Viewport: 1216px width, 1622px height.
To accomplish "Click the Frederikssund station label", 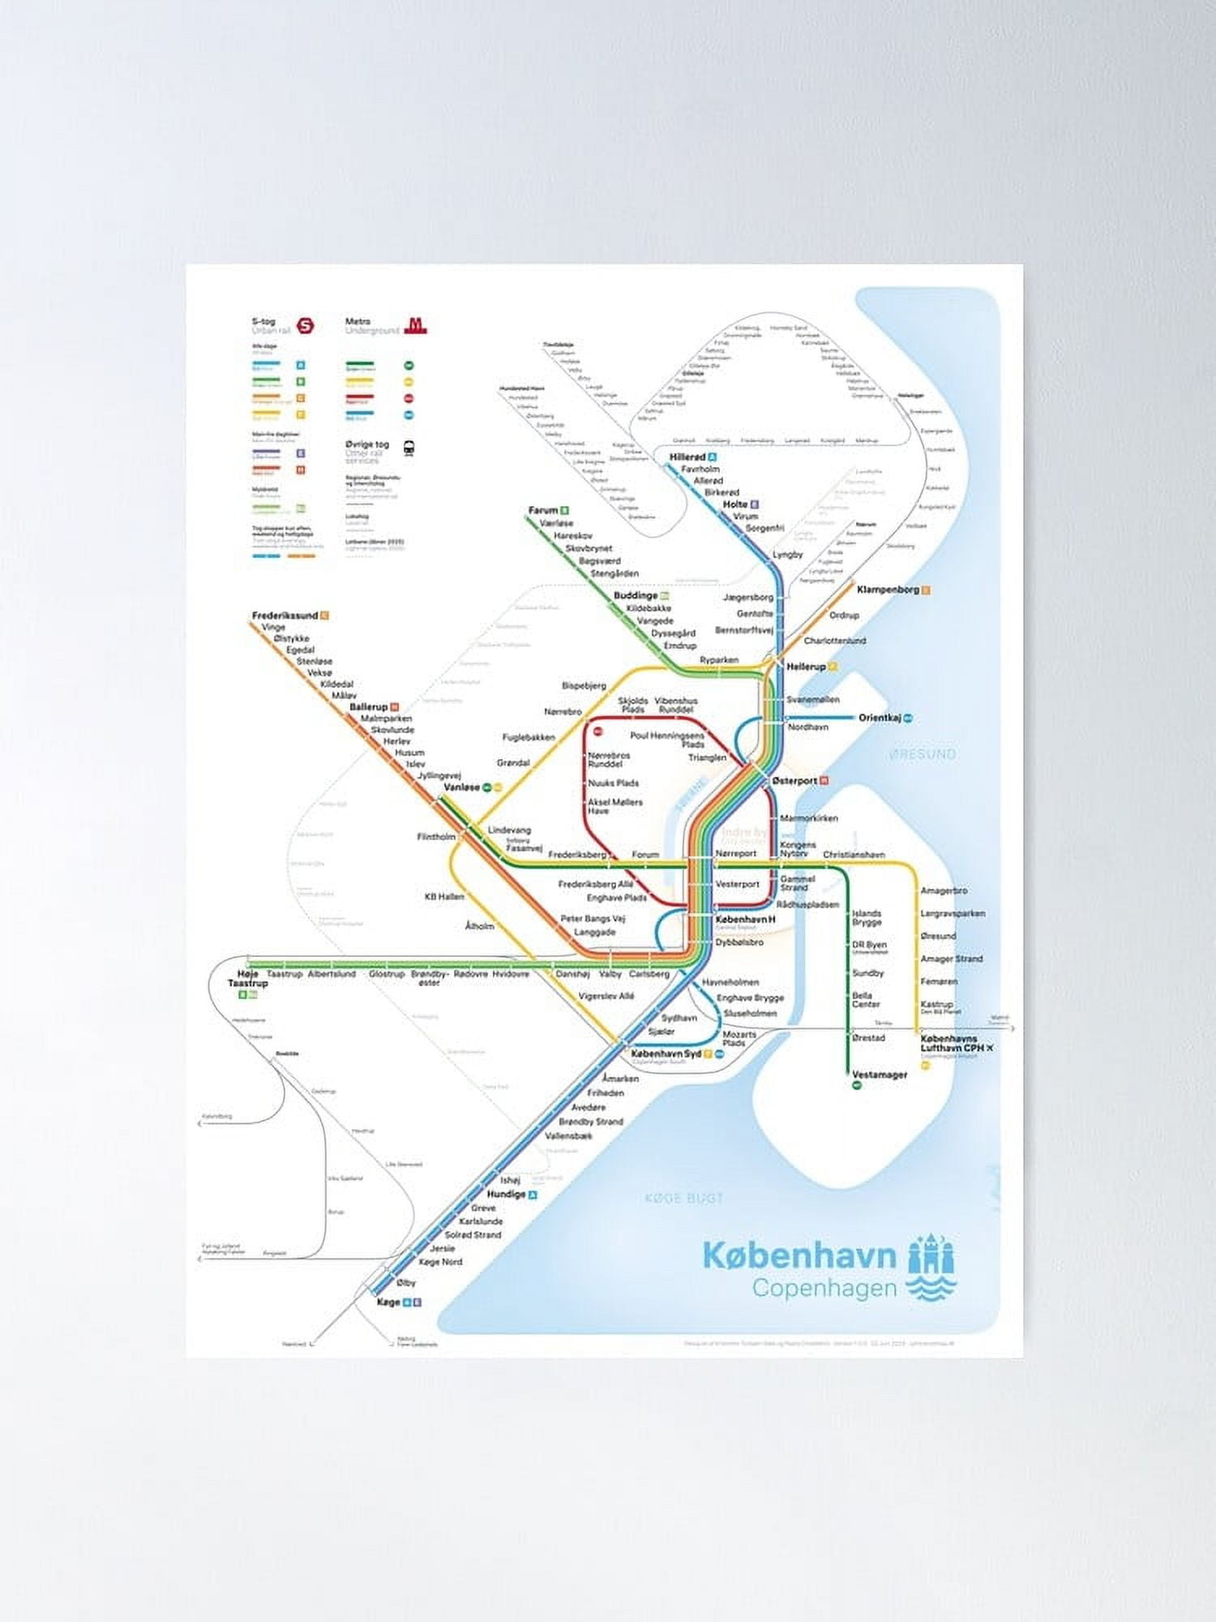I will [x=285, y=616].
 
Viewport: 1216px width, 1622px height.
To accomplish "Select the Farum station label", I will [x=543, y=510].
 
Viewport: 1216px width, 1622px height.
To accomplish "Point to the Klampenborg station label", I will [x=888, y=590].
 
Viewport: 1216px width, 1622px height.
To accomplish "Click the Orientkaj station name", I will [x=880, y=718].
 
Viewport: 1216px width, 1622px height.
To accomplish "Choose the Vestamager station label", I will [x=880, y=1075].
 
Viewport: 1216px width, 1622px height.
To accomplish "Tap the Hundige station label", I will [x=506, y=1195].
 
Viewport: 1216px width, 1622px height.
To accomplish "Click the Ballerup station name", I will [x=369, y=707].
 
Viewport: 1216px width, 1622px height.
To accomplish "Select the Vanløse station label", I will [x=461, y=787].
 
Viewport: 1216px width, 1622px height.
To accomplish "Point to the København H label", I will [x=745, y=920].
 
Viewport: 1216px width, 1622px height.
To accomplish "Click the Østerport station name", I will [x=794, y=780].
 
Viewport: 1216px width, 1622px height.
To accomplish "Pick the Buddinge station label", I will [x=636, y=596].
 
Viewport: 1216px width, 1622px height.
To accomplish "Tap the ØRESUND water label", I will [x=923, y=754].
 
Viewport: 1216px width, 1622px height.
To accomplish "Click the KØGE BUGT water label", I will [x=683, y=1198].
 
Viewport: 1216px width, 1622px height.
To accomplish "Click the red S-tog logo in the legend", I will [x=306, y=326].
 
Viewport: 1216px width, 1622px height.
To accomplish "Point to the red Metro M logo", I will [x=416, y=326].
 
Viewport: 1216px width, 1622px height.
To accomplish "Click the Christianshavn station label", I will [x=854, y=855].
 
